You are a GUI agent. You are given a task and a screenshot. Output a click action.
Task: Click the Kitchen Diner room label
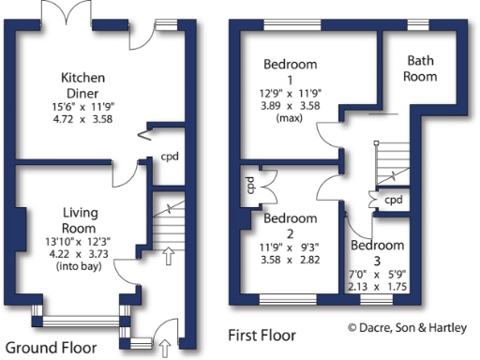82,84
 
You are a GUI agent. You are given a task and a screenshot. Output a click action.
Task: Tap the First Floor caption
262,335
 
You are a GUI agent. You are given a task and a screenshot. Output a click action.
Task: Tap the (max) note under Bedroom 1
290,120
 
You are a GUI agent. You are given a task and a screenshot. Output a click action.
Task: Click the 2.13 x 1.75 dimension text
378,286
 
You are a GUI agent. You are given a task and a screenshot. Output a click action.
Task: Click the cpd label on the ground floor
170,157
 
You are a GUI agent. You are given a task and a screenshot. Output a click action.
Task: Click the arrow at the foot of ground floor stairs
170,255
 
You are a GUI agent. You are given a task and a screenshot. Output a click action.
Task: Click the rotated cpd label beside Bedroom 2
250,186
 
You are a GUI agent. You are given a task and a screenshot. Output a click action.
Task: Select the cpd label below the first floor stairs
394,200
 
